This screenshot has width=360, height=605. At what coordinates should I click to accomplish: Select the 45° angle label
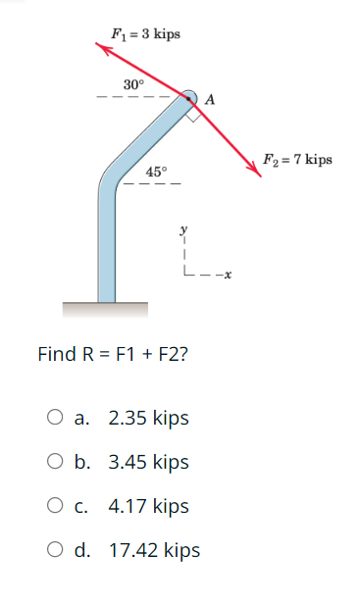(x=157, y=172)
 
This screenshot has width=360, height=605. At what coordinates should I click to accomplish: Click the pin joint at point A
(x=192, y=96)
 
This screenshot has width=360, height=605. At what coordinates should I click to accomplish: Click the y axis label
(x=182, y=231)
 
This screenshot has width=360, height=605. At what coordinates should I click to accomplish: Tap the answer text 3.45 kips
(x=148, y=462)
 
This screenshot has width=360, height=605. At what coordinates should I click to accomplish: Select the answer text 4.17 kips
(x=148, y=507)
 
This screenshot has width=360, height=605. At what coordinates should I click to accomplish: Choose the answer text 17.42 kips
(x=154, y=551)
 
